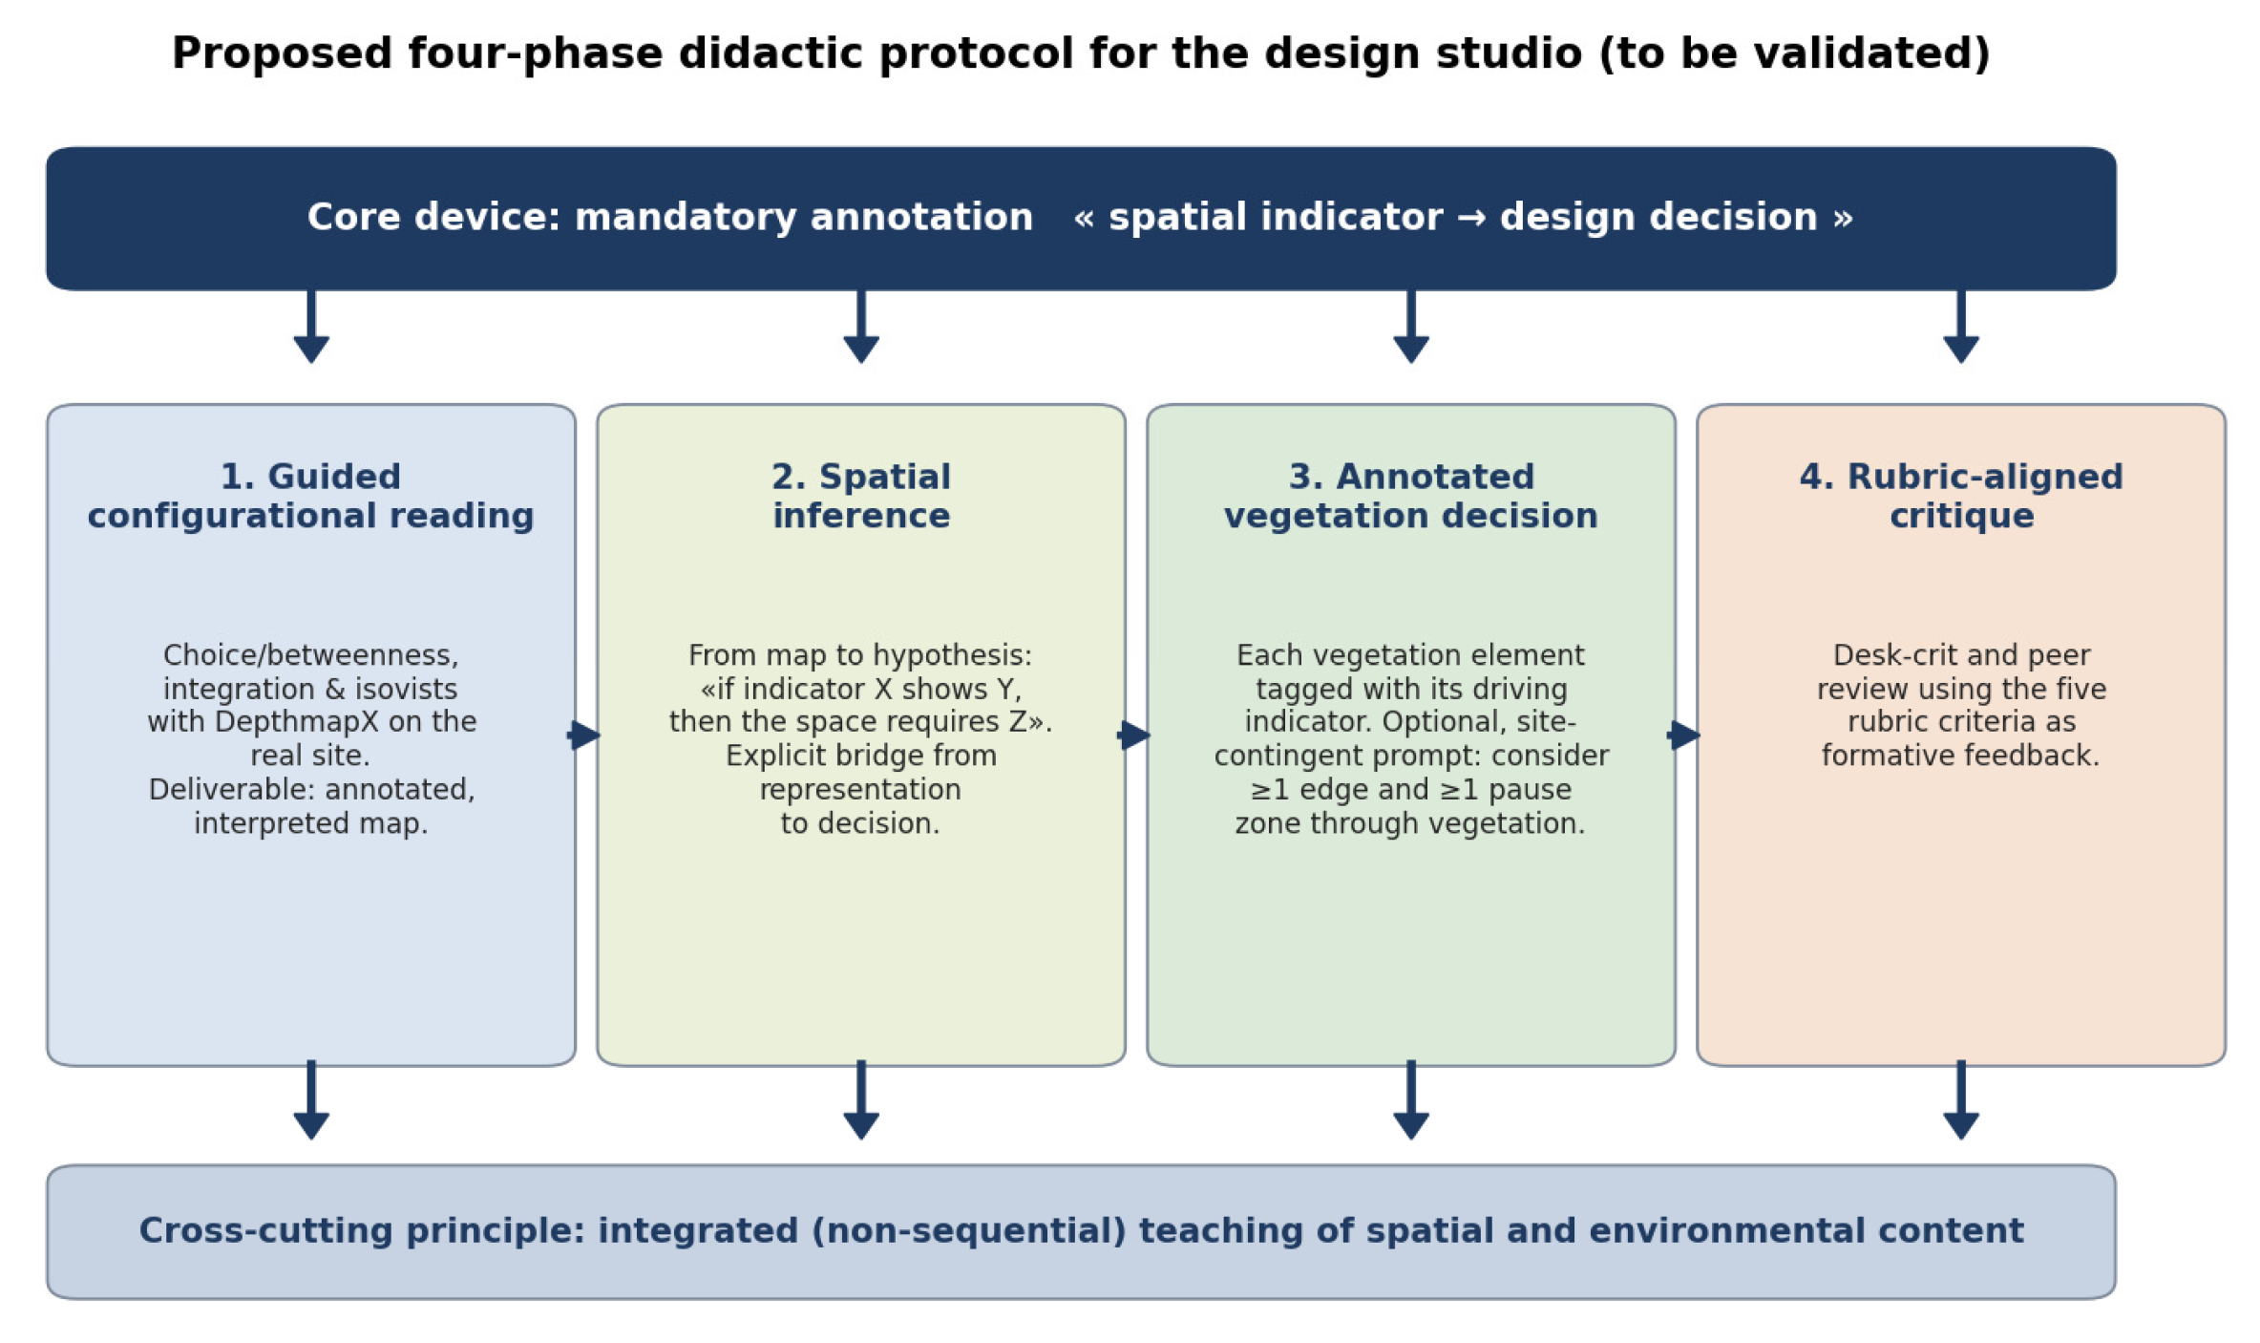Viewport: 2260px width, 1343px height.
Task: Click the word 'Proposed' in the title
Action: (x=282, y=54)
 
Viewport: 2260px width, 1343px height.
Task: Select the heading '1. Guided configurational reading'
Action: (x=310, y=496)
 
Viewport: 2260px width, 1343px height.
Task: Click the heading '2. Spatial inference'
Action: (x=861, y=496)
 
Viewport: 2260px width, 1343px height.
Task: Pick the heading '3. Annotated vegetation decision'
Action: (x=1411, y=496)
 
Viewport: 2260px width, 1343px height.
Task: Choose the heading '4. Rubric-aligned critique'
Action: (x=1961, y=496)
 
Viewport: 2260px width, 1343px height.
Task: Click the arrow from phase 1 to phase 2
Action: (x=584, y=735)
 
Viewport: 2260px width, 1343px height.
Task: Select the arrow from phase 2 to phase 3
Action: (x=1134, y=735)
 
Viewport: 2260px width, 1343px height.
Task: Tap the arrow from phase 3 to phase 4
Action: (x=1684, y=735)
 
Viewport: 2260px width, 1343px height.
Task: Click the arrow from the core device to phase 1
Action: (x=311, y=326)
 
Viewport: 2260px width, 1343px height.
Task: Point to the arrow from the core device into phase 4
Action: (x=1961, y=326)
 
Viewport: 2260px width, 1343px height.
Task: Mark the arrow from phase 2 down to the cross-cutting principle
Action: (x=861, y=1099)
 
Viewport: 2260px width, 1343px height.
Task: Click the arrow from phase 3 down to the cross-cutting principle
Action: (x=1411, y=1099)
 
